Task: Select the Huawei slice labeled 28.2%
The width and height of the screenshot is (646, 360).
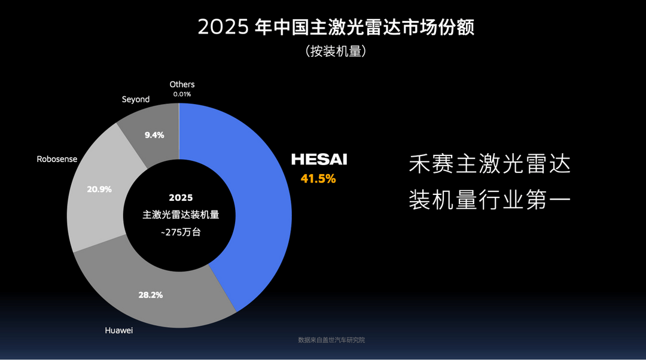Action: [179, 299]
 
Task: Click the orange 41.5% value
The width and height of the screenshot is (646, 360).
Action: [318, 178]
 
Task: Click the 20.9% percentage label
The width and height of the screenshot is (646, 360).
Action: [99, 189]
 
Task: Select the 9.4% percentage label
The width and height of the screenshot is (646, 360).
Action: [154, 135]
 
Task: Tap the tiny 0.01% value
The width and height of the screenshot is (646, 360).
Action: [182, 94]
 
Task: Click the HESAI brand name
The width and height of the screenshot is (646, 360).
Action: [319, 160]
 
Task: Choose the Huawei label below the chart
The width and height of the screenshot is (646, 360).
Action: [118, 330]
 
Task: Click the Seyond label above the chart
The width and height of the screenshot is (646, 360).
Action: [136, 99]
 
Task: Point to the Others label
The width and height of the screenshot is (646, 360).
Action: [182, 84]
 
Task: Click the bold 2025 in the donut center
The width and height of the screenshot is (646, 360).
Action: [181, 197]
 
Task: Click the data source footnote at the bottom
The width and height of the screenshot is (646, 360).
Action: [331, 340]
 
